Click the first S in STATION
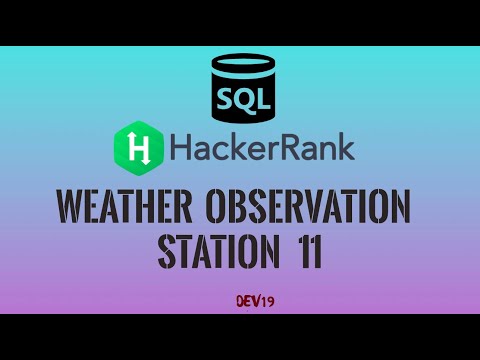point(166,249)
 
